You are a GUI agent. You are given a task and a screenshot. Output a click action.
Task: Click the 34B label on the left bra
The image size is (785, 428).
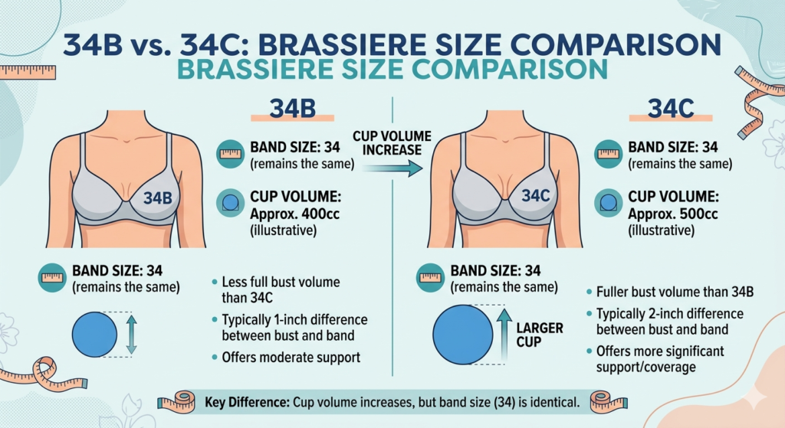coord(157,198)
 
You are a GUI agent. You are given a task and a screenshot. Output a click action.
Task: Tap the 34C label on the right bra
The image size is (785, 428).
coord(536,197)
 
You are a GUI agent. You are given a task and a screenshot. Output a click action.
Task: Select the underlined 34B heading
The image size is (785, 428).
coord(292,109)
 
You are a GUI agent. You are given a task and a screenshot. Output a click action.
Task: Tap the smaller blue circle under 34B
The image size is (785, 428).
coord(94,334)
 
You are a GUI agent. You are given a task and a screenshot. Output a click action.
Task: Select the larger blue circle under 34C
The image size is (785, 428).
coord(462,334)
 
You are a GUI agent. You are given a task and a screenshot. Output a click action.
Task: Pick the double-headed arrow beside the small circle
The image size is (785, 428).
coord(130,334)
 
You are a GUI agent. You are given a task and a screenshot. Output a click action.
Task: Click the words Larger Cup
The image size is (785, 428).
coord(544,335)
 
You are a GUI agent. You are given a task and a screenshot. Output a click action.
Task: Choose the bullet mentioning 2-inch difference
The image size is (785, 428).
coord(659,322)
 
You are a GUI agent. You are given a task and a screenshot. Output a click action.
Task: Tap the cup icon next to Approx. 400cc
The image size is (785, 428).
coord(231,203)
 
